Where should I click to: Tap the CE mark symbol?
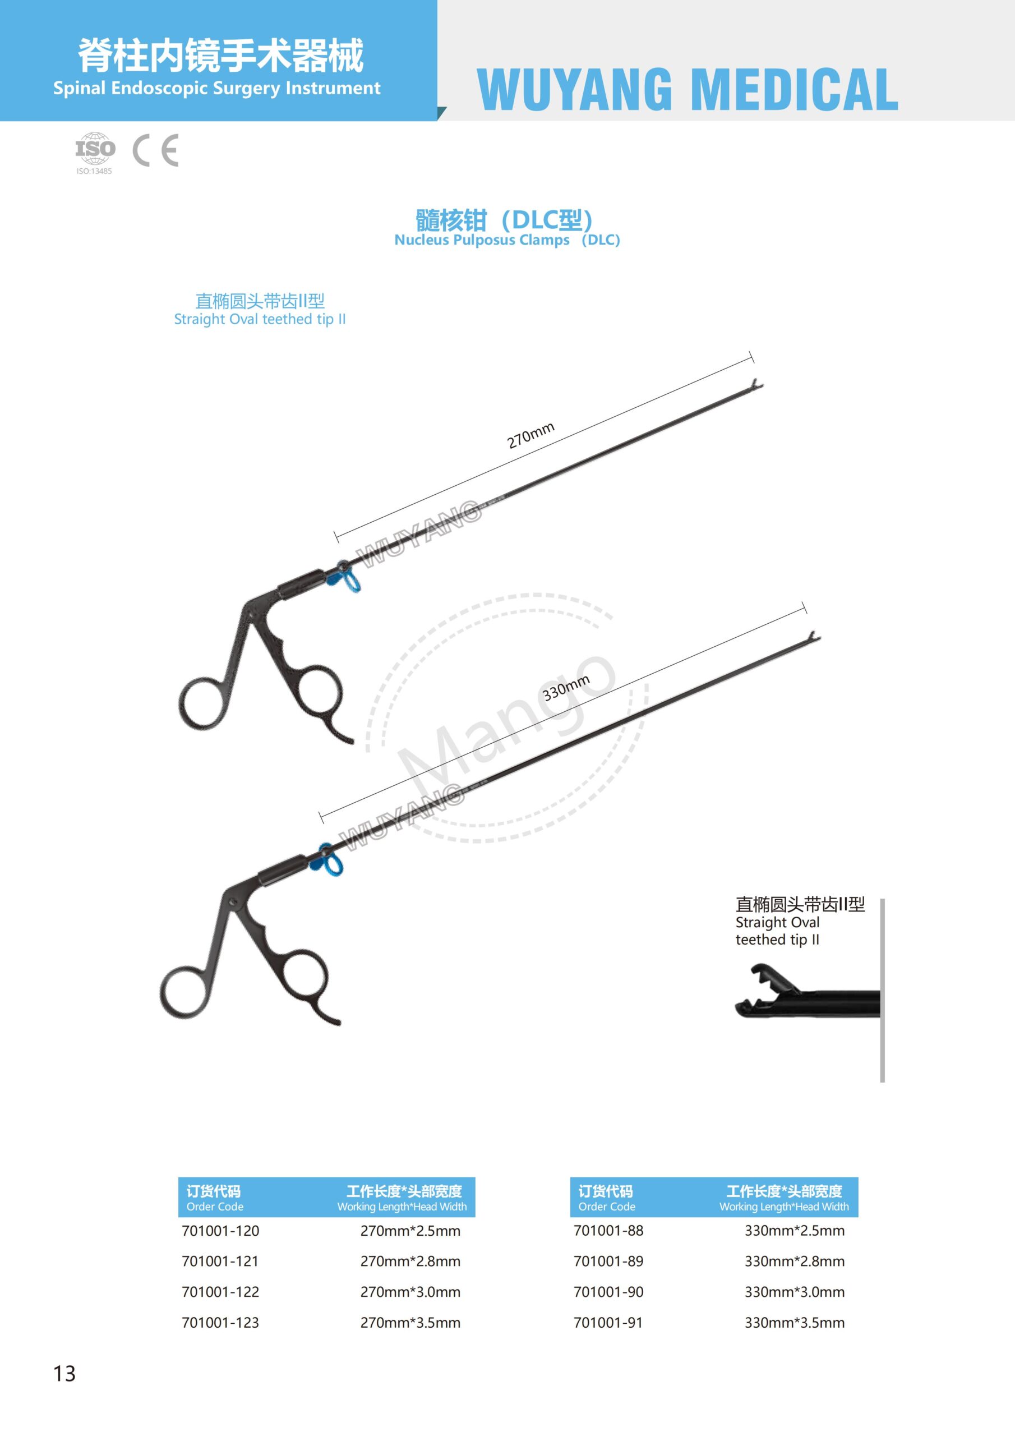pos(156,150)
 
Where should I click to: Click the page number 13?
pos(64,1374)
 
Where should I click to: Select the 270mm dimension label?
pos(530,435)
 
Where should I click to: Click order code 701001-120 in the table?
pos(220,1231)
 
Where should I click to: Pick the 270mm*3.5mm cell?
pos(410,1323)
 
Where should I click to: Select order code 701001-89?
pos(608,1262)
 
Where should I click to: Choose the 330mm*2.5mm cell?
pos(794,1231)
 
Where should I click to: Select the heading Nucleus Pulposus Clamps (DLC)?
pos(506,240)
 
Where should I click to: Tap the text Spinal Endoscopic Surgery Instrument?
pos(216,88)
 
